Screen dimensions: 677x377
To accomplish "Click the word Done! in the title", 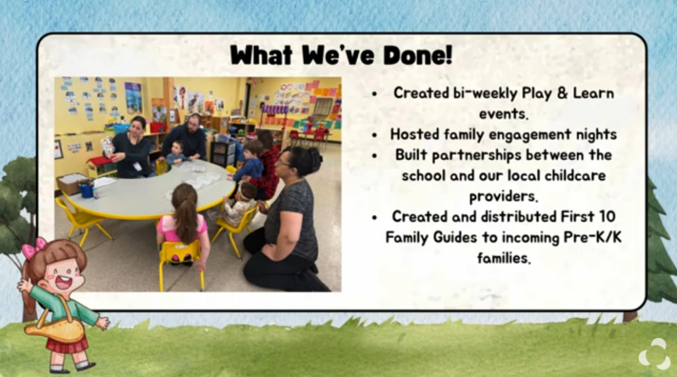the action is pos(418,54).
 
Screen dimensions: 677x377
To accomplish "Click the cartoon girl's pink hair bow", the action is pos(34,247).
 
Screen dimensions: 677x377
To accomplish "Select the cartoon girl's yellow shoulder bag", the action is pos(55,330).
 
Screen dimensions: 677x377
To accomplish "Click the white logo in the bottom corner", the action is pos(655,354).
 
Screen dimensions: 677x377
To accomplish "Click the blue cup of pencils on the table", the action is pos(87,189).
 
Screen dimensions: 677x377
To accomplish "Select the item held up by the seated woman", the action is pos(107,146).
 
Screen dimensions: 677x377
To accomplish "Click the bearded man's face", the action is pos(194,122).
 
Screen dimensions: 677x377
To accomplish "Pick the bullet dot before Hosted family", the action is pos(374,135).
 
